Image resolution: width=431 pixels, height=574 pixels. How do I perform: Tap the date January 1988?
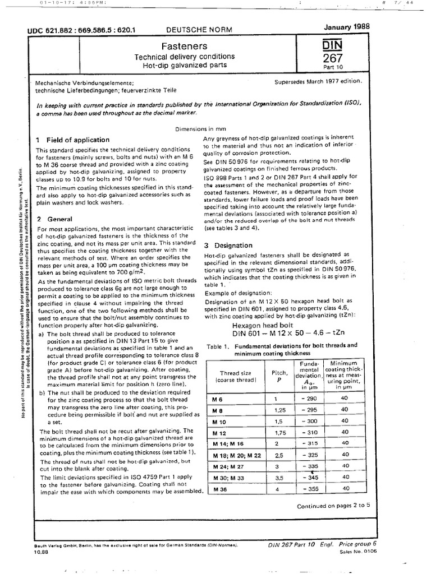348,26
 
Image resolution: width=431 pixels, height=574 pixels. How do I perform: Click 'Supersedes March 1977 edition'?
318,81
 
